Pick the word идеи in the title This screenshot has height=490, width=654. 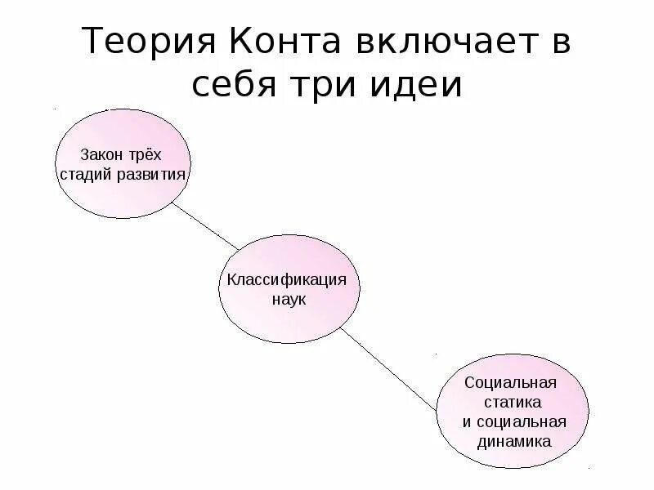pyautogui.click(x=424, y=84)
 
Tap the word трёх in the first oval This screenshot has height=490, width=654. pyautogui.click(x=148, y=154)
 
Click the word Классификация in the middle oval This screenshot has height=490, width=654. pyautogui.click(x=289, y=280)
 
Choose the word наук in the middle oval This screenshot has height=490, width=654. pyautogui.click(x=288, y=300)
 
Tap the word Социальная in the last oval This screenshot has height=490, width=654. pyautogui.click(x=510, y=383)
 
